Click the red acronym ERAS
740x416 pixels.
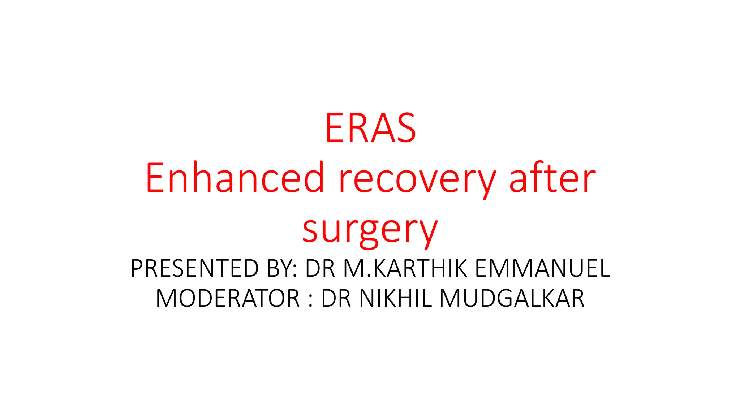click(370, 128)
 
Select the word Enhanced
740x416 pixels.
click(235, 178)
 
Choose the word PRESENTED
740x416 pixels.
click(194, 268)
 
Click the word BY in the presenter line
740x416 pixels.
click(281, 268)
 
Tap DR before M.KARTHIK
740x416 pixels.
click(320, 268)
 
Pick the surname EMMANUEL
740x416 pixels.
click(542, 268)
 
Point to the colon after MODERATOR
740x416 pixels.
click(311, 299)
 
